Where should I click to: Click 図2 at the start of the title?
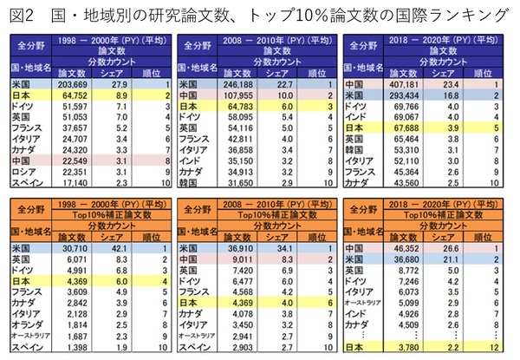pyautogui.click(x=20, y=16)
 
